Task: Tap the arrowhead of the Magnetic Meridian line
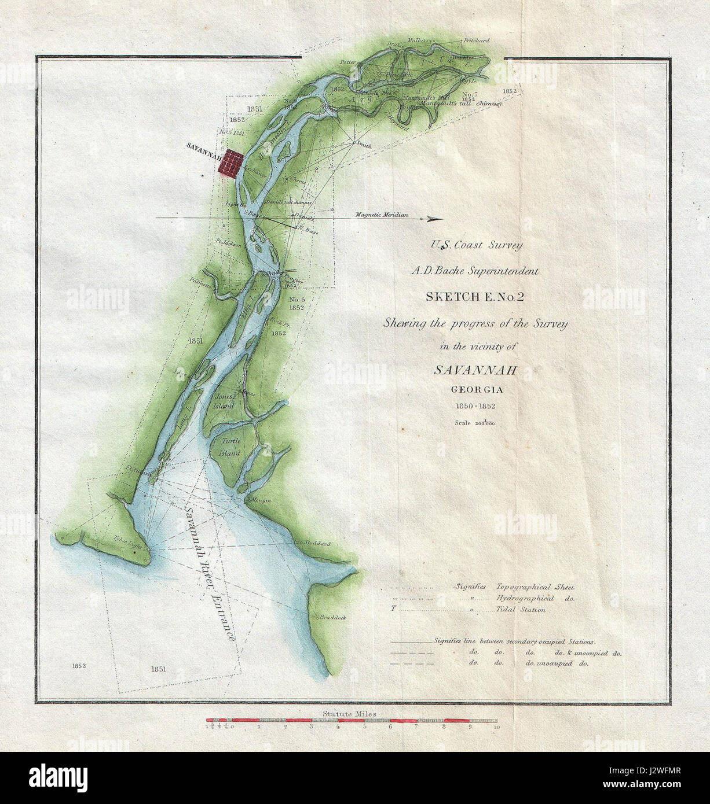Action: coord(434,219)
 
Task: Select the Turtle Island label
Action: coord(229,447)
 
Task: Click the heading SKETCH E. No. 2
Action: coord(474,297)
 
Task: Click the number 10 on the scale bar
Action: coord(496,728)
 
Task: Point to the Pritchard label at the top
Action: coord(477,40)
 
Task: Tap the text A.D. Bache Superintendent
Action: coord(475,271)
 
